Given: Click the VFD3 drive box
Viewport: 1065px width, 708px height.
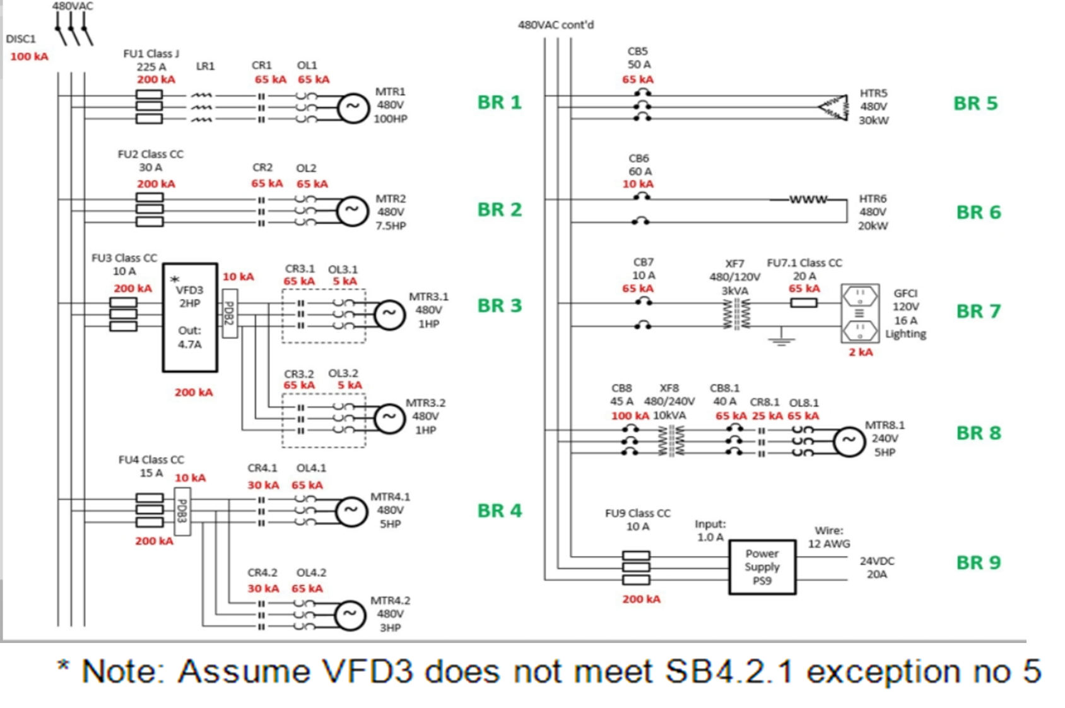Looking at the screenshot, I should point(190,317).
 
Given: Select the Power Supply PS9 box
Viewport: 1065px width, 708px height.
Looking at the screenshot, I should point(762,567).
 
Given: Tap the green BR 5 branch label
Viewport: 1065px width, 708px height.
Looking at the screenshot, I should point(975,103).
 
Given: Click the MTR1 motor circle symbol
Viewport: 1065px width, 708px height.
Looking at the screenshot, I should point(353,107).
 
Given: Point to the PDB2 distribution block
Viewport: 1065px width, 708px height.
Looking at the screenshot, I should point(230,313).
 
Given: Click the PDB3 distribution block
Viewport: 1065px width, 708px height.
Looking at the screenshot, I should point(182,512).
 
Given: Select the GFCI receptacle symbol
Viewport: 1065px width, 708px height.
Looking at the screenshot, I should point(859,313).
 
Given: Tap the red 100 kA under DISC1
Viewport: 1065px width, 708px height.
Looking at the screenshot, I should point(29,56).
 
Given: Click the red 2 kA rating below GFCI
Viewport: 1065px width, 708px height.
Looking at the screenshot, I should point(861,352).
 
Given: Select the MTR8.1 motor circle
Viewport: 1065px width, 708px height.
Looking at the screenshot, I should point(849,442).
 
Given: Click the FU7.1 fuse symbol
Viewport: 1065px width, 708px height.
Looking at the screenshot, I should point(804,303).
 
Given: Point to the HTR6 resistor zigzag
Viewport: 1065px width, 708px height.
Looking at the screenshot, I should point(808,199).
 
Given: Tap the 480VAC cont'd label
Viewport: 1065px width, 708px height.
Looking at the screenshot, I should point(556,25).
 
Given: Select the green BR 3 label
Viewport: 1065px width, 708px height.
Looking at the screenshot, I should point(499,305).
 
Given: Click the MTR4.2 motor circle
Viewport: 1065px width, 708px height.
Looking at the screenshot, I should point(350,615).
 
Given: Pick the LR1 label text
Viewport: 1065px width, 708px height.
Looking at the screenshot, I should point(205,66).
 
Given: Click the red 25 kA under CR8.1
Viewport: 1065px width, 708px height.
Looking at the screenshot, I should point(767,416).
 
